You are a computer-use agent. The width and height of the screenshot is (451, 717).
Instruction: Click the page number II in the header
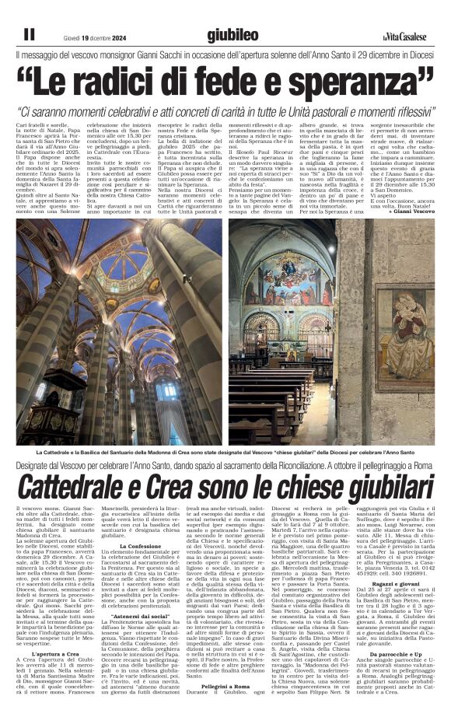pyautogui.click(x=29, y=34)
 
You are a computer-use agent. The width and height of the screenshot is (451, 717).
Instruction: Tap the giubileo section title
pyautogui.click(x=233, y=35)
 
